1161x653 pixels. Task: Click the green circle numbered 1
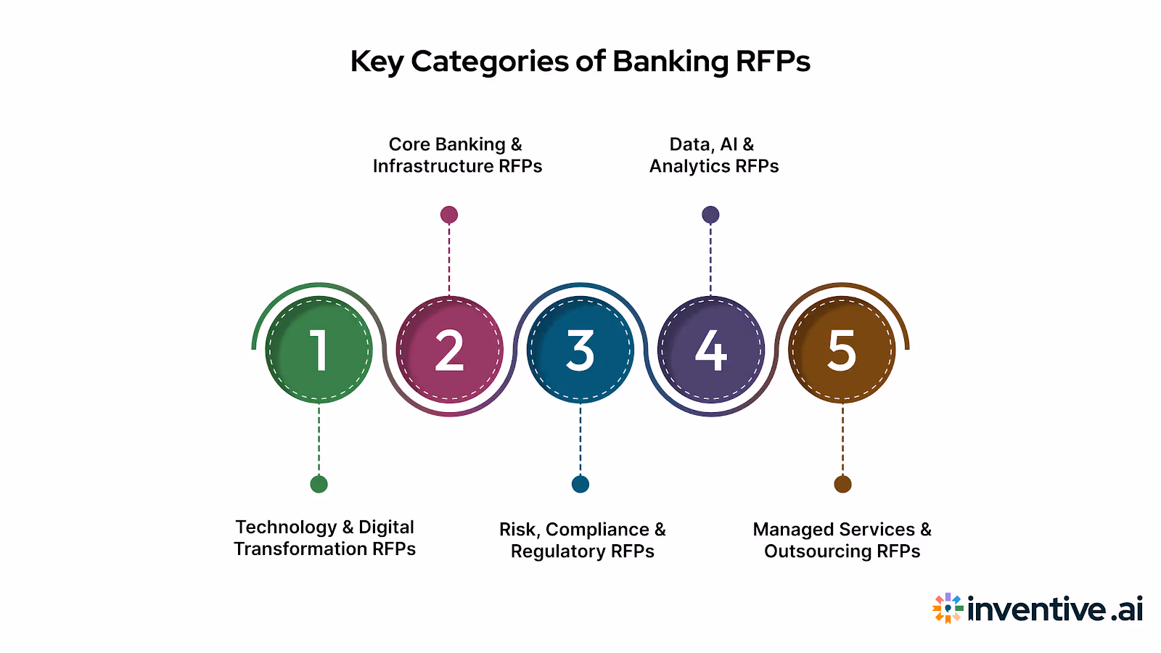[319, 350]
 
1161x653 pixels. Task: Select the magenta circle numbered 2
[449, 350]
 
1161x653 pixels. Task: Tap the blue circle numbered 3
[580, 350]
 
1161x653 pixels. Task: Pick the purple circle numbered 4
[710, 350]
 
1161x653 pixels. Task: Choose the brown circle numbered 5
[842, 350]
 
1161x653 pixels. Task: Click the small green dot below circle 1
[319, 484]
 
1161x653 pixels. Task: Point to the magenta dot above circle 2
[449, 215]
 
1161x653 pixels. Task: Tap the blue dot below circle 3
[580, 484]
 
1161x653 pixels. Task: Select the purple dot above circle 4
[710, 215]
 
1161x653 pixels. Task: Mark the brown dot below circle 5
[842, 484]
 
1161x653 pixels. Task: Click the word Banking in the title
[670, 62]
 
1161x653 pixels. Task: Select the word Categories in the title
[490, 62]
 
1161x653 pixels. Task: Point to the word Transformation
[300, 549]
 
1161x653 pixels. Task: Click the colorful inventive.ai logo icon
[948, 608]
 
